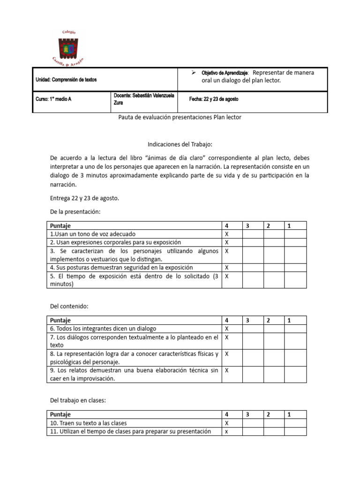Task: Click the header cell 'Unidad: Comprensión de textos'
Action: [x=66, y=80]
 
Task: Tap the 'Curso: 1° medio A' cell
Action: [x=54, y=99]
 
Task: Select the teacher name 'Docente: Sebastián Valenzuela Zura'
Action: [x=144, y=99]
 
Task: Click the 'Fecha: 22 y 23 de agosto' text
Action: [x=214, y=99]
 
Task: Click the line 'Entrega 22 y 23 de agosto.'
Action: [x=85, y=198]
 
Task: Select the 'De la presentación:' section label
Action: [x=75, y=212]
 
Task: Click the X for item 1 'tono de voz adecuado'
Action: [x=227, y=233]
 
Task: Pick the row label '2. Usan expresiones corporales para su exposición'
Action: [x=115, y=242]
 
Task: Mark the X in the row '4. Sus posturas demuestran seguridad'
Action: [x=227, y=268]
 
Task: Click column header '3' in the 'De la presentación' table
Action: [x=247, y=225]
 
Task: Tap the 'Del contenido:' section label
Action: [x=69, y=306]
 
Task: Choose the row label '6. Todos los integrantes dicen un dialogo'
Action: [x=103, y=329]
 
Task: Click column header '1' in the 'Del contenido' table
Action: [x=289, y=320]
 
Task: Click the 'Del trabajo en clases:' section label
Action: [x=78, y=401]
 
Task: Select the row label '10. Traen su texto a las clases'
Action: [x=89, y=423]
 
